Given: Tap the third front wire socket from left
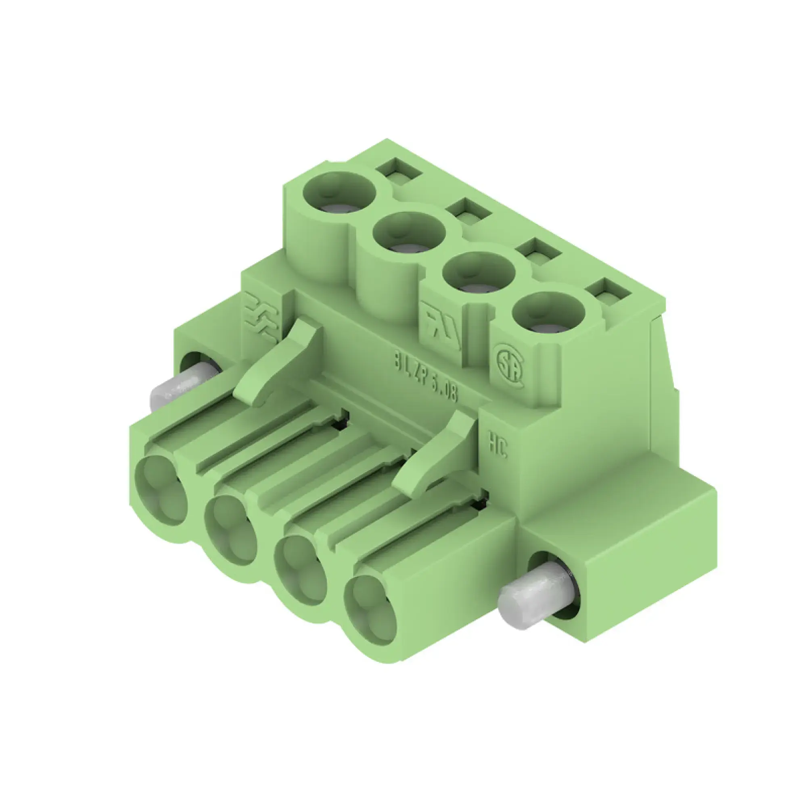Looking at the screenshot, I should point(301,570).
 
